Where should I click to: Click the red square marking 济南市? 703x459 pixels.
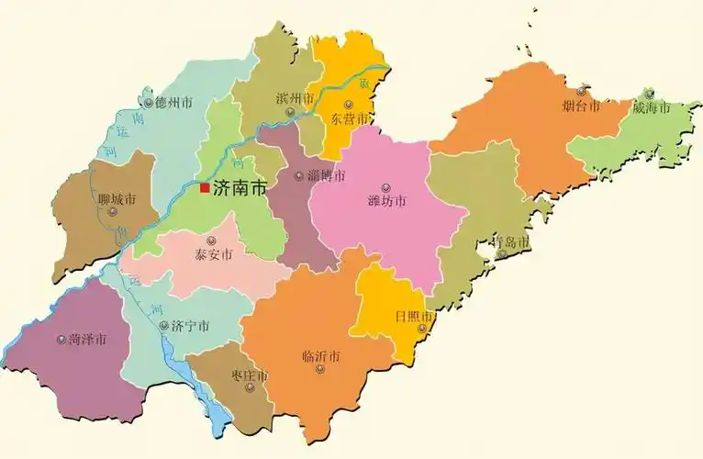(x=205, y=187)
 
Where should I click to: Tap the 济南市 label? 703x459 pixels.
(x=240, y=187)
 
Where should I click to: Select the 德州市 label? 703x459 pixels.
(x=173, y=102)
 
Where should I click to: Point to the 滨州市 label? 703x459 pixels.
(x=295, y=98)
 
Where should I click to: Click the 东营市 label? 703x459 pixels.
(x=350, y=118)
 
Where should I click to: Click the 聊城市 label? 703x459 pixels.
(x=117, y=198)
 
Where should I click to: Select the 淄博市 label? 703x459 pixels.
(x=326, y=175)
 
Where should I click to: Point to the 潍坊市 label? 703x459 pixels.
(x=386, y=201)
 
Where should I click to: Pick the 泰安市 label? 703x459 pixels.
(x=214, y=255)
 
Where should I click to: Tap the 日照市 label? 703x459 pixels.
(x=412, y=316)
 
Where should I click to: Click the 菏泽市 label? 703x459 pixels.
(x=87, y=339)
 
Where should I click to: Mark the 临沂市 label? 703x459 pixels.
(x=320, y=356)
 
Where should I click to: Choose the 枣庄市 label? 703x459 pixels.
(x=249, y=375)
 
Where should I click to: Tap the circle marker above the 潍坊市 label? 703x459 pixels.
(x=385, y=187)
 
